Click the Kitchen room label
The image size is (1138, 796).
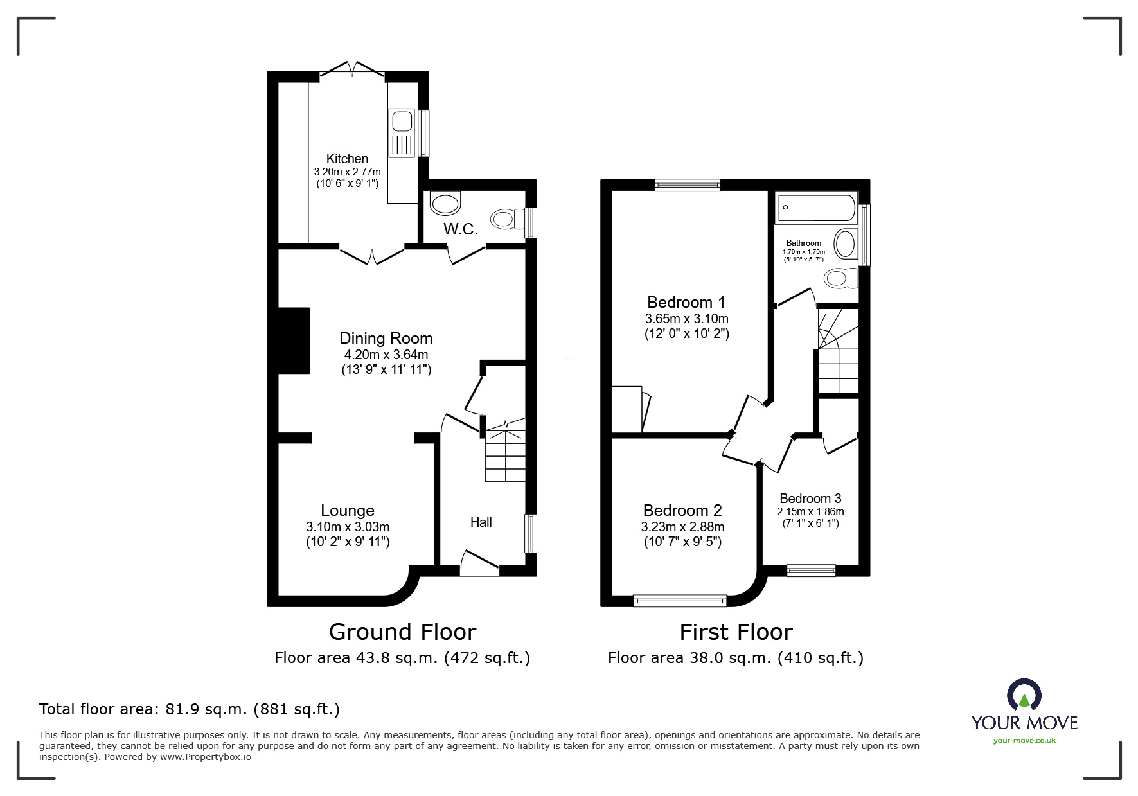click(x=347, y=159)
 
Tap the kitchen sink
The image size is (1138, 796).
click(x=402, y=133)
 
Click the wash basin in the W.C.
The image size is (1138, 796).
click(x=445, y=204)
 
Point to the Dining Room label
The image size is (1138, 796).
click(x=386, y=339)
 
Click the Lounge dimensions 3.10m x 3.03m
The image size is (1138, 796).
click(x=348, y=527)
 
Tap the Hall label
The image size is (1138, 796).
click(x=481, y=522)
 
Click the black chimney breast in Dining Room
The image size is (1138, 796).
click(x=294, y=341)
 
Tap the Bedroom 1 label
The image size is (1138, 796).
click(x=686, y=302)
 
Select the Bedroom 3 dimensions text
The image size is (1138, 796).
click(x=810, y=512)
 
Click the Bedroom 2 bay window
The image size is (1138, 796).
click(x=680, y=601)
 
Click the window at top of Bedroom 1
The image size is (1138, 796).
click(x=687, y=185)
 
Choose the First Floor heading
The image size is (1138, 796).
click(x=736, y=632)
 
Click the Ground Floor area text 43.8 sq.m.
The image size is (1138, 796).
click(x=402, y=658)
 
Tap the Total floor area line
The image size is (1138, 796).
click(x=190, y=709)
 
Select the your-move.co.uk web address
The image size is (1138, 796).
click(x=1024, y=741)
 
